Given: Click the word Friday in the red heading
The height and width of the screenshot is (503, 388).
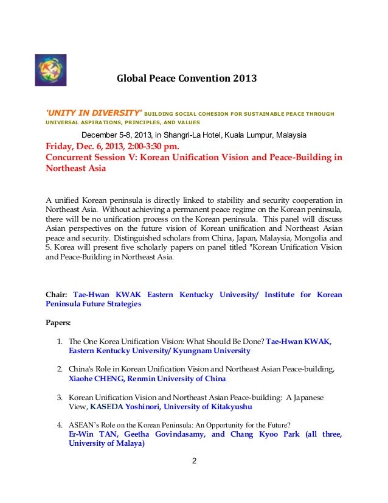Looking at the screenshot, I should [x=60, y=146].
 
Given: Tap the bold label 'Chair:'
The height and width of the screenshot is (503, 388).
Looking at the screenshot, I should [x=57, y=295].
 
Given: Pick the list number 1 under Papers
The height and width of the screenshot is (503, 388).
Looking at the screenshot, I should [x=60, y=342].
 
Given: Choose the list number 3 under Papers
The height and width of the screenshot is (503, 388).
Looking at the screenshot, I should [x=60, y=397].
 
